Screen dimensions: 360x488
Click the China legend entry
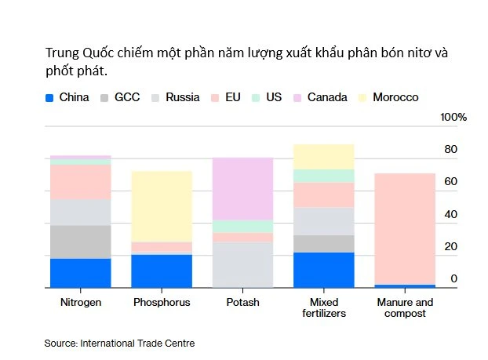(67, 98)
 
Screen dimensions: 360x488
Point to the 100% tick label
(453, 117)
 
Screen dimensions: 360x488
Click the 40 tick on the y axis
(451, 214)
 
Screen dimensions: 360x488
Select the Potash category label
(242, 302)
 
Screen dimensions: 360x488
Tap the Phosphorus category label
(162, 302)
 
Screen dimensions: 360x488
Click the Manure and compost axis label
(404, 307)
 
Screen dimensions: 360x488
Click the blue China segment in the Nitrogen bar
(80, 273)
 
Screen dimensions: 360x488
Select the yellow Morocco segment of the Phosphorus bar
(162, 206)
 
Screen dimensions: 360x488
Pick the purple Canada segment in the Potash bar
(242, 188)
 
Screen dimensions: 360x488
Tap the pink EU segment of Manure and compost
(404, 228)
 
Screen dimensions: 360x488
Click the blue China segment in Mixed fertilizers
(323, 270)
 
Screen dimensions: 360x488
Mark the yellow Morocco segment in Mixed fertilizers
(323, 156)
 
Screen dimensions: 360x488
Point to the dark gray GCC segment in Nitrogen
(80, 242)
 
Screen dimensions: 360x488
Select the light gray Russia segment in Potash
(242, 264)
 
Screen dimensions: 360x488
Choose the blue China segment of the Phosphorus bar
(162, 271)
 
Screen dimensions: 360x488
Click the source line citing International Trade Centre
(119, 343)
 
